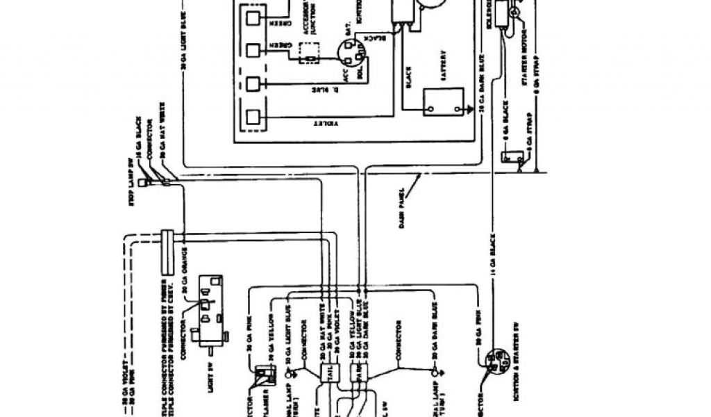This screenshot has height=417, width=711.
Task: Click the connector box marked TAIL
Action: tap(328, 371)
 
